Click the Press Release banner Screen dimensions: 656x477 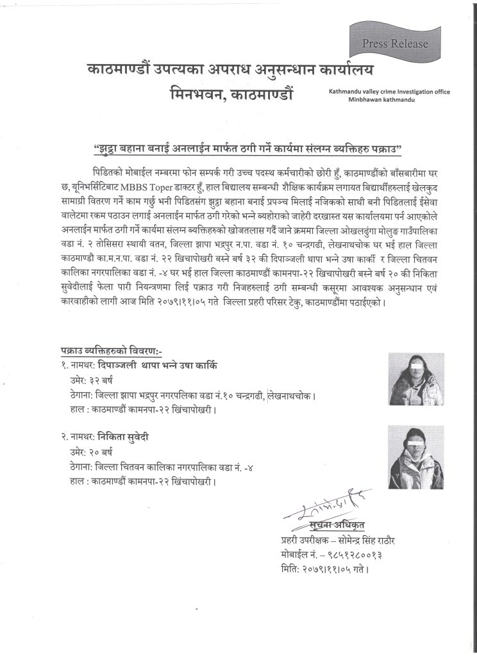(x=395, y=44)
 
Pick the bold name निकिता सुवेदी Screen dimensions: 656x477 (x=132, y=438)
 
